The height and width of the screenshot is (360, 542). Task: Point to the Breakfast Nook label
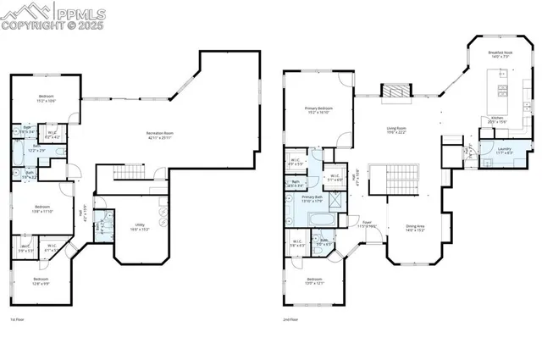[x=500, y=54]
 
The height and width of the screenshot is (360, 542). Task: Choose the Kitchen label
[x=497, y=119]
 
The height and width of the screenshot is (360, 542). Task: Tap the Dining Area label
[x=415, y=227]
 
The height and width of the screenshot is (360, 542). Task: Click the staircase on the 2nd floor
[x=398, y=180]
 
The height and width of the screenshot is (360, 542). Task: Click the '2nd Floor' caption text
[x=291, y=320]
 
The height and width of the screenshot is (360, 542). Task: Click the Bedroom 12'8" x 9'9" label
[x=41, y=280]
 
